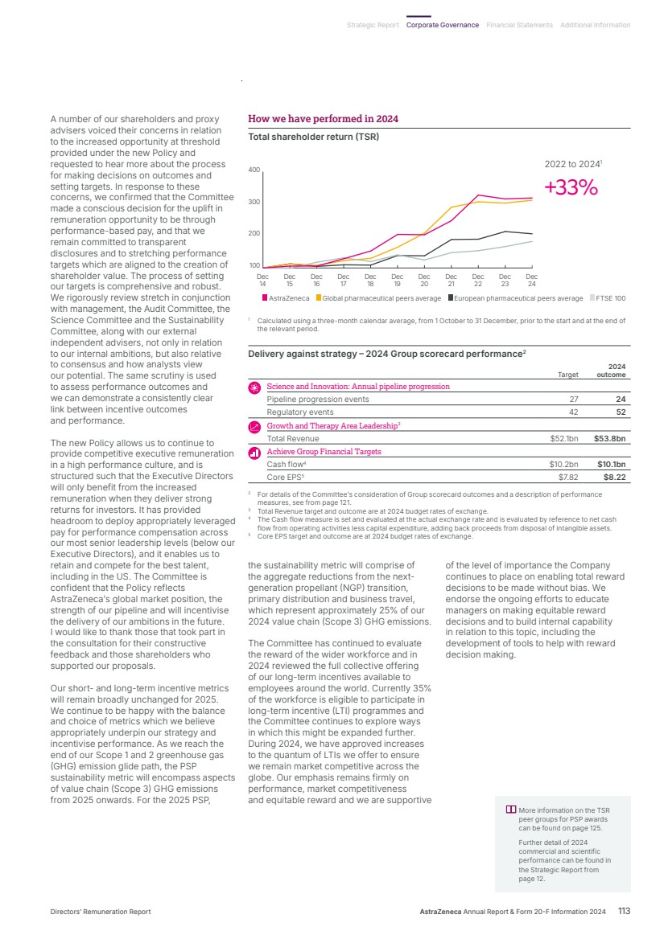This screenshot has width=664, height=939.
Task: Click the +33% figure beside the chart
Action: pyautogui.click(x=571, y=187)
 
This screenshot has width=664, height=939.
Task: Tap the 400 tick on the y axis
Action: pyautogui.click(x=254, y=170)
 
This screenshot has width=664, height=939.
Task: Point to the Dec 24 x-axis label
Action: pyautogui.click(x=531, y=280)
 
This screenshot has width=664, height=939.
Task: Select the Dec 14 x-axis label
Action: pyautogui.click(x=262, y=280)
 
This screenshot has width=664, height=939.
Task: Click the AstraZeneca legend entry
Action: pyautogui.click(x=287, y=298)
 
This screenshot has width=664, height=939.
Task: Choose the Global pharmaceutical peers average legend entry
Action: pyautogui.click(x=378, y=298)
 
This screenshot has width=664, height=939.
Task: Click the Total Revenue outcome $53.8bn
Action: pyautogui.click(x=609, y=439)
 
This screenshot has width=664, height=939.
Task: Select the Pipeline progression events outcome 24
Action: pyautogui.click(x=620, y=400)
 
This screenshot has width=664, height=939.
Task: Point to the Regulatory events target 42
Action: pyautogui.click(x=573, y=412)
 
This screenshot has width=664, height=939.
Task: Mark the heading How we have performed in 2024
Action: pyautogui.click(x=324, y=120)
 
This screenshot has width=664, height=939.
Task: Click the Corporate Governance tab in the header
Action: pyautogui.click(x=442, y=25)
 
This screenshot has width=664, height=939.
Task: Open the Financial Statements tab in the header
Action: pyautogui.click(x=519, y=25)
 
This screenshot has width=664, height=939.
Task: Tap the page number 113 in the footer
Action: pyautogui.click(x=624, y=911)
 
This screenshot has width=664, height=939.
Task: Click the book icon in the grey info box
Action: pyautogui.click(x=510, y=810)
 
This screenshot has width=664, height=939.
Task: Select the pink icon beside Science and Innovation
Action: pyautogui.click(x=254, y=387)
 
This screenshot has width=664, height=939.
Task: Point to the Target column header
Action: pyautogui.click(x=567, y=375)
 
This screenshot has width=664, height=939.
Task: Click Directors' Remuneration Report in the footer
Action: pyautogui.click(x=101, y=912)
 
